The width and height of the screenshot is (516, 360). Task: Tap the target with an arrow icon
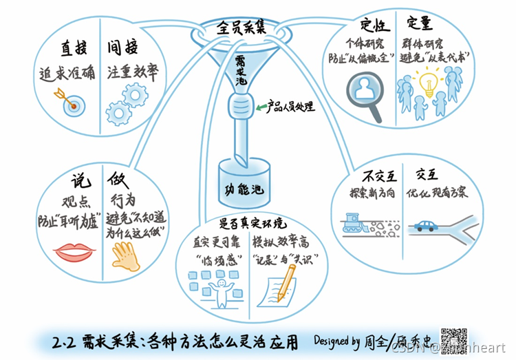pyautogui.click(x=72, y=103)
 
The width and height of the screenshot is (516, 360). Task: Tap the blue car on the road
pyautogui.click(x=426, y=225)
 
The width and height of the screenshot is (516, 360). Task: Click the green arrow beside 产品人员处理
pyautogui.click(x=262, y=107)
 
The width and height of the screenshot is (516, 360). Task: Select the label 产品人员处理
pyautogui.click(x=291, y=107)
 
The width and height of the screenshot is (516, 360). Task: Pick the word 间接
pyautogui.click(x=122, y=47)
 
